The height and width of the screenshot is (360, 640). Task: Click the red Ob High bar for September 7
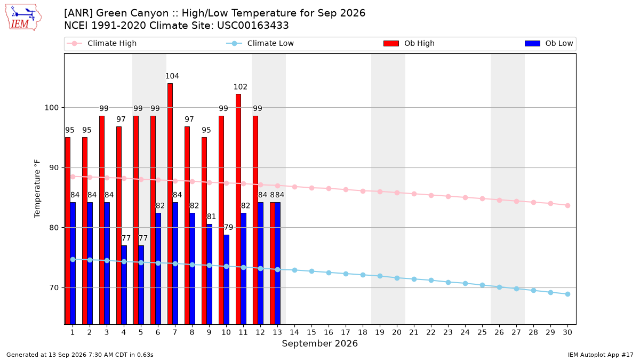[x=170, y=204]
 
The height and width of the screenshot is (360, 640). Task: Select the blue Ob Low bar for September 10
[x=226, y=279]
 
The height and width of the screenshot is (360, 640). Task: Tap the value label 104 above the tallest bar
[x=172, y=76]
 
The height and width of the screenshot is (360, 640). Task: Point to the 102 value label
[x=241, y=87]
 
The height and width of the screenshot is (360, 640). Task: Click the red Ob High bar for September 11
[x=238, y=209]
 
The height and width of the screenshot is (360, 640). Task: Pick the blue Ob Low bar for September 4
[x=124, y=285]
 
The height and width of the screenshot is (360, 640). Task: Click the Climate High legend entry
[x=101, y=43]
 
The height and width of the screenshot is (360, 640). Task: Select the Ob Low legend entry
[x=549, y=43]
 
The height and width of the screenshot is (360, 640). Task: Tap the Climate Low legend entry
[x=260, y=43]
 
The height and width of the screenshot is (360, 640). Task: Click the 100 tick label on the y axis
[x=51, y=108]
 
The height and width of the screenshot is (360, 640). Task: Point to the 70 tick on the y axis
[x=54, y=287]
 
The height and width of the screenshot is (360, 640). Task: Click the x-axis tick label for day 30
[x=567, y=332]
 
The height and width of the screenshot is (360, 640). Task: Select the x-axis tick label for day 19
[x=380, y=332]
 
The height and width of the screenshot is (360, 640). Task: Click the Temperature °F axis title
[x=37, y=189]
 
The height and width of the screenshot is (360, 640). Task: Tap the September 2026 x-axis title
[x=319, y=343]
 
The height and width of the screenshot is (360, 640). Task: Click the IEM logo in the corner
[x=23, y=18]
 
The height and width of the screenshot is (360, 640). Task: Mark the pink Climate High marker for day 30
[x=567, y=206]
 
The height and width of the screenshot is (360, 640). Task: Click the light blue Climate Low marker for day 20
[x=397, y=278]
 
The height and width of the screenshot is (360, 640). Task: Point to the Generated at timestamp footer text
[x=79, y=355]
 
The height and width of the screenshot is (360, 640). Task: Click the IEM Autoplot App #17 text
[x=601, y=355]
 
